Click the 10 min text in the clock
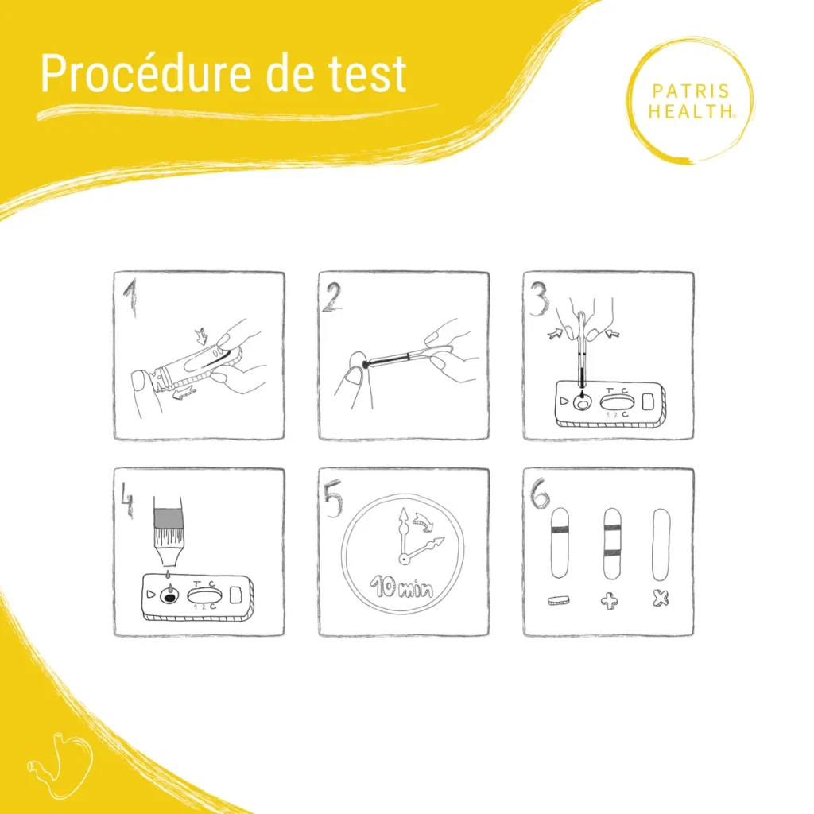point(403,589)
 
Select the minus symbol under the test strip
point(559,601)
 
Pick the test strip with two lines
point(610,543)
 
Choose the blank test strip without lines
point(661,543)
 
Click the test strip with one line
point(559,543)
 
